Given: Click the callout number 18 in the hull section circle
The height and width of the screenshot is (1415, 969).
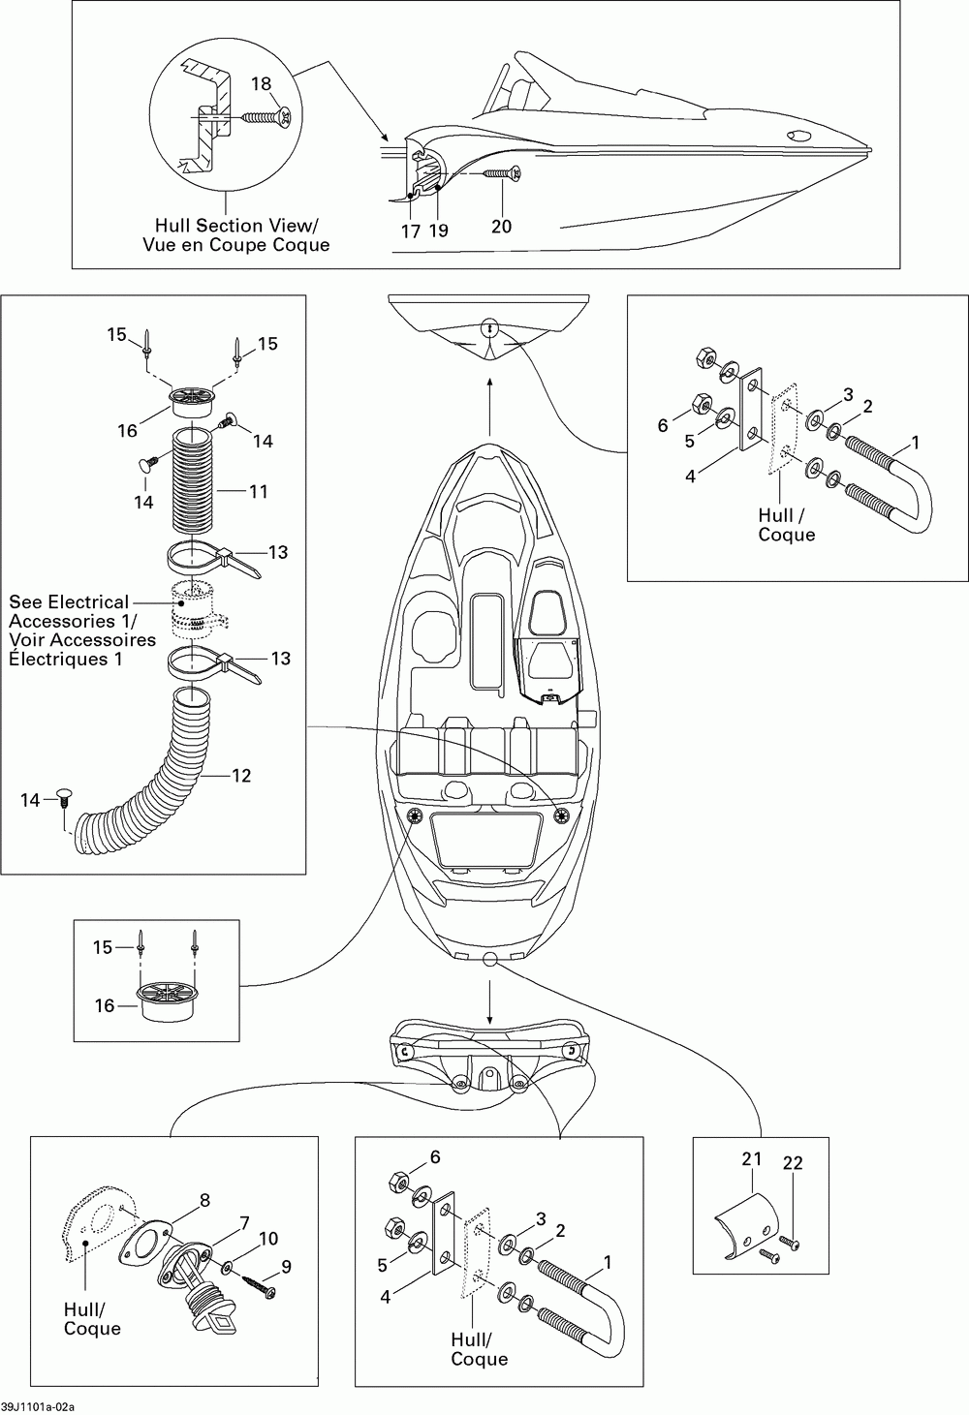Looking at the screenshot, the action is point(261,83).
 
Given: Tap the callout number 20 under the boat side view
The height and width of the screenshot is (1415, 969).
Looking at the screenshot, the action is point(501,226).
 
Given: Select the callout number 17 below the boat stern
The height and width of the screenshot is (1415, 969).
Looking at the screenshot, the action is point(411,231).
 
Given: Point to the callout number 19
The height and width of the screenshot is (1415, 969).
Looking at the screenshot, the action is point(439,231).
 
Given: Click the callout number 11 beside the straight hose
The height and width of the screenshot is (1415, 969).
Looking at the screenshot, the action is point(259,491).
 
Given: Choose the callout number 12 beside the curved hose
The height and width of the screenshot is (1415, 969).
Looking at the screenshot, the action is point(241,775).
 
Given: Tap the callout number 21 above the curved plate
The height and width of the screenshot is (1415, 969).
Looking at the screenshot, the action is point(752,1159).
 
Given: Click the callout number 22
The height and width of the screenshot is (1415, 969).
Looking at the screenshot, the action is point(793,1162).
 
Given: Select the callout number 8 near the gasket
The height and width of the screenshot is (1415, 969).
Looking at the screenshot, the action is point(204,1200).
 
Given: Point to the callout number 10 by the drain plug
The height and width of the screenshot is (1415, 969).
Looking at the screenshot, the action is point(268,1238).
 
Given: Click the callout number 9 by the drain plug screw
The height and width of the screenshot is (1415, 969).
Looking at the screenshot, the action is point(286,1267).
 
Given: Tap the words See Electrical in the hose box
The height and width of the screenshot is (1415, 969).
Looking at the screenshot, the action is point(69,602).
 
